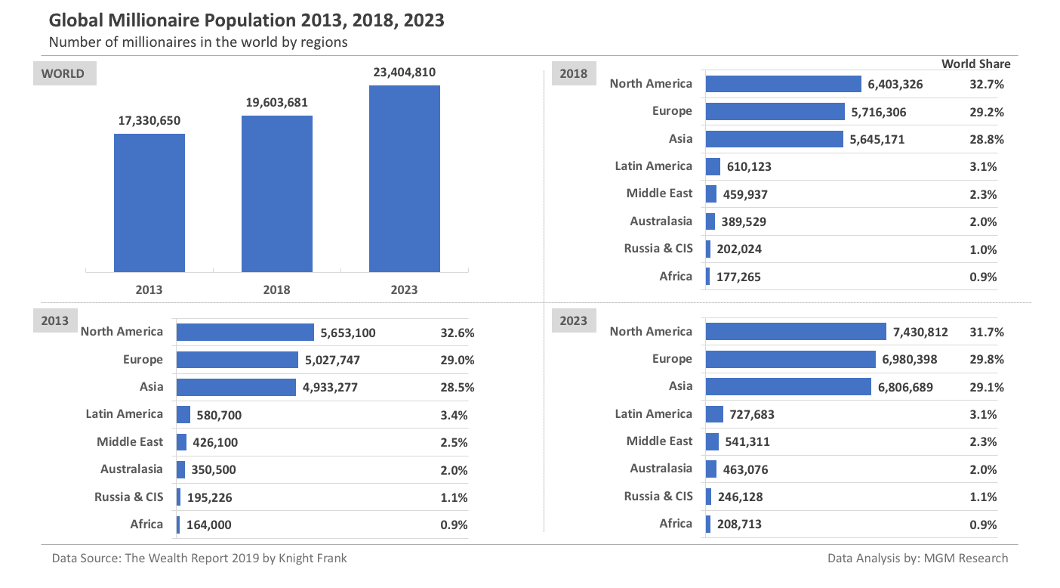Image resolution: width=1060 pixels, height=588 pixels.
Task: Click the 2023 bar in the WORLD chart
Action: pos(404,178)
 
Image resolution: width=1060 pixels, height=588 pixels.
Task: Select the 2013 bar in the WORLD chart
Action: pos(149,203)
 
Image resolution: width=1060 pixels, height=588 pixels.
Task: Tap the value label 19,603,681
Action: pos(277,103)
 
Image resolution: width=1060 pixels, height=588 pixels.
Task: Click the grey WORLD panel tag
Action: pos(63,73)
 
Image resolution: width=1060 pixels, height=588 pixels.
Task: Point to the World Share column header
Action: pos(975,64)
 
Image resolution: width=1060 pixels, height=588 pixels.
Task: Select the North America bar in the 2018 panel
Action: pos(783,84)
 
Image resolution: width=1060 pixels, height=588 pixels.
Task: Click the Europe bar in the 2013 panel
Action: pos(237,360)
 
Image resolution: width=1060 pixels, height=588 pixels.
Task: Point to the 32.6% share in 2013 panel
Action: pos(457,333)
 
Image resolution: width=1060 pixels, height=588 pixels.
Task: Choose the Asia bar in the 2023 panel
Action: pos(788,387)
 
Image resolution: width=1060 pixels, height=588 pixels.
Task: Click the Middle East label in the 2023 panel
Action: pos(659,441)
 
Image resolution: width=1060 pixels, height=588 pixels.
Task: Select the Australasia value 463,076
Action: pos(752,469)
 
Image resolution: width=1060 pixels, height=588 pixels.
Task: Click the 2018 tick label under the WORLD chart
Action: pos(277,289)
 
